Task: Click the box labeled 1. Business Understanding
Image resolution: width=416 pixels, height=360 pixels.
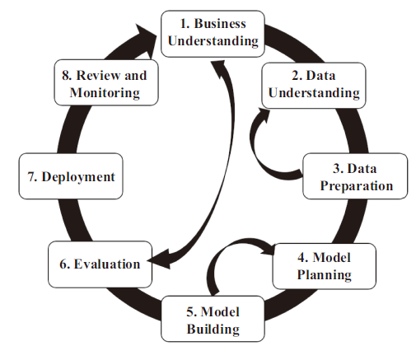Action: [x=213, y=34]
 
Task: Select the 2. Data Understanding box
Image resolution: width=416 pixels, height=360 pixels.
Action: [x=314, y=86]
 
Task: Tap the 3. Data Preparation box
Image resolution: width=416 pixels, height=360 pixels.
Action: [x=355, y=176]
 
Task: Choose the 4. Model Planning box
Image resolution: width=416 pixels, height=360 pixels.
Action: [x=325, y=266]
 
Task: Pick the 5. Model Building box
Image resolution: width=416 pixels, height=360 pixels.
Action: [x=213, y=319]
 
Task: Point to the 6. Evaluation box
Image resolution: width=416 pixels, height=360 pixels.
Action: [x=100, y=264]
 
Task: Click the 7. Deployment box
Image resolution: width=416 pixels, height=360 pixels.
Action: [x=71, y=176]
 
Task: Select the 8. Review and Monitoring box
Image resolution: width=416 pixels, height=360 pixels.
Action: [x=106, y=82]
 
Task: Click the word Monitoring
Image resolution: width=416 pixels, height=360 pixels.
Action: [x=105, y=93]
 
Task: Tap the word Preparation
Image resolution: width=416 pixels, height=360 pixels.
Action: [x=357, y=186]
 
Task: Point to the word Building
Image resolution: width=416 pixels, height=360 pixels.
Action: [x=213, y=330]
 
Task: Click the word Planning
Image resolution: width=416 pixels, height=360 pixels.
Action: [x=325, y=275]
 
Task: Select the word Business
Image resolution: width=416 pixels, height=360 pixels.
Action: [x=220, y=23]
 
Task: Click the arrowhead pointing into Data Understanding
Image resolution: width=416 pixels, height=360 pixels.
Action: [x=264, y=115]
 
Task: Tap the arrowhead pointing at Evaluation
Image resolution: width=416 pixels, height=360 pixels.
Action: [x=159, y=259]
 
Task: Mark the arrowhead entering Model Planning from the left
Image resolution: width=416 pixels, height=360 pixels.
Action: [x=268, y=249]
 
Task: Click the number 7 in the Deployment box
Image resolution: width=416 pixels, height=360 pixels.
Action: [x=31, y=176]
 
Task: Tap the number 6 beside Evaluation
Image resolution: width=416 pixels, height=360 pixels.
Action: [x=63, y=264]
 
